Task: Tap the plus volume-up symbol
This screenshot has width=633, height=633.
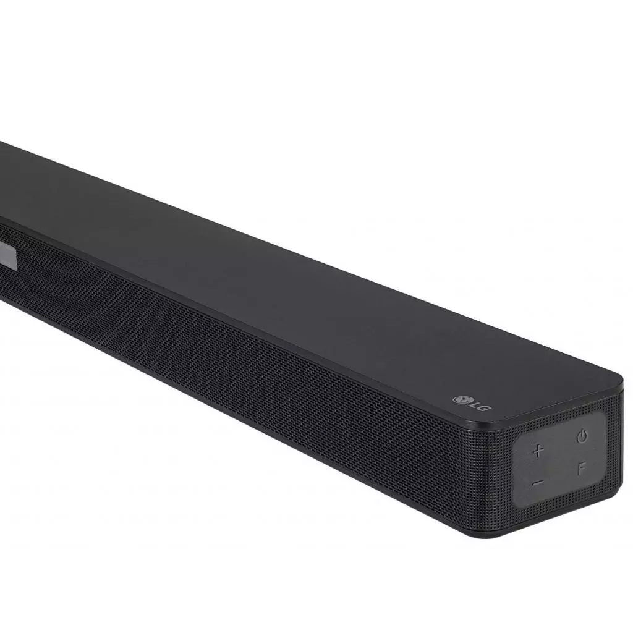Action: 538,450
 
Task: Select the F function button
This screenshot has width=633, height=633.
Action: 581,469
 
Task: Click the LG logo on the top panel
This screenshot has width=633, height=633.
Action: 469,401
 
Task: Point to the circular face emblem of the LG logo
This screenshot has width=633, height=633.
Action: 459,397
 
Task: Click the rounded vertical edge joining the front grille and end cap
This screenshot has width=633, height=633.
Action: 502,470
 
